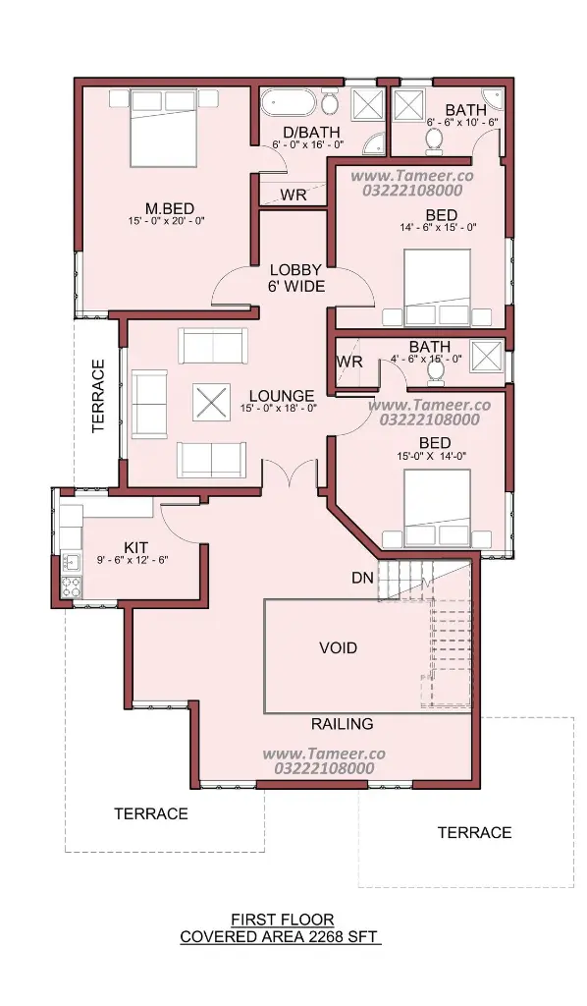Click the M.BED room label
[x=170, y=208]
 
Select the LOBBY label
[x=295, y=270]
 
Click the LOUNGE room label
[x=282, y=397]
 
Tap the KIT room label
[x=135, y=547]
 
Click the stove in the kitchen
[x=71, y=586]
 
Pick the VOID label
[x=339, y=648]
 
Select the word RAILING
[x=343, y=724]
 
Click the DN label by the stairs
[x=362, y=578]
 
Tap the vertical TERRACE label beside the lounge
[x=98, y=396]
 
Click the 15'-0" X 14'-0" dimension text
[x=432, y=456]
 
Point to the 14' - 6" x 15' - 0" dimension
[x=439, y=227]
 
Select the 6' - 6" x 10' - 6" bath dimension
[x=462, y=121]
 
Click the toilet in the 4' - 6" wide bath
[x=435, y=372]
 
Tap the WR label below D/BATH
[x=293, y=196]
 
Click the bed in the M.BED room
[x=163, y=129]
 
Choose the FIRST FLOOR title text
[x=283, y=920]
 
